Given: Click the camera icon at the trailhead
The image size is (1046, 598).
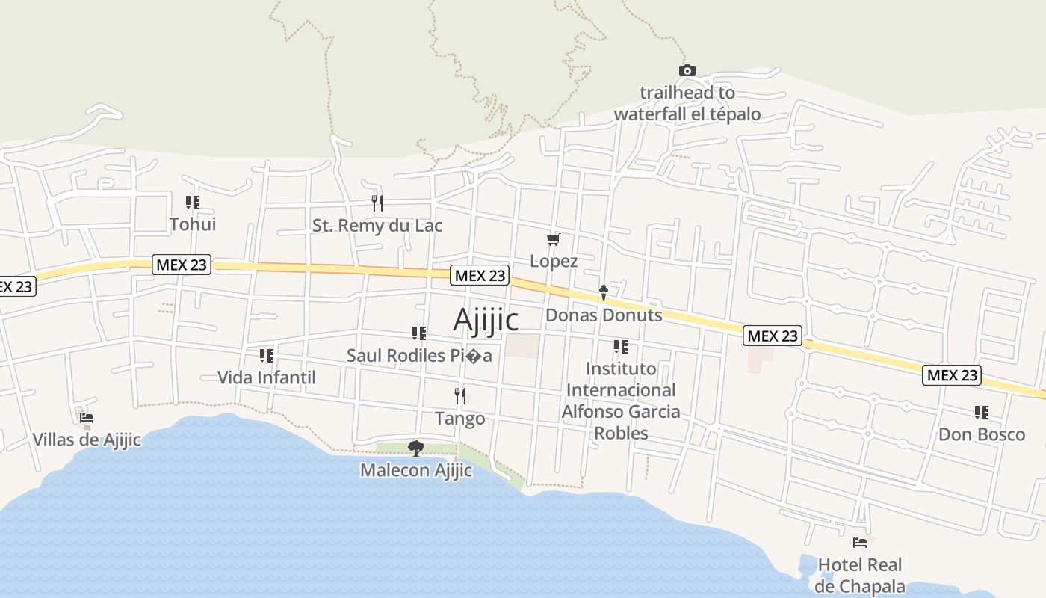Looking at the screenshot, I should (x=687, y=71).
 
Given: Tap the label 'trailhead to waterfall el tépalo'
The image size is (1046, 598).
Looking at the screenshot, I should (x=687, y=104).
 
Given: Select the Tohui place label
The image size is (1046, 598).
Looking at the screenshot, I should (x=193, y=224).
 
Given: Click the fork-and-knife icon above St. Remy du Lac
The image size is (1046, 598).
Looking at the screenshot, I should (x=377, y=203).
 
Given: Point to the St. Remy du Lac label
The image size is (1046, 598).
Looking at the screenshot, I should (x=377, y=226).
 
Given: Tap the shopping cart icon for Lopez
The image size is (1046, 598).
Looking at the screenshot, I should (x=554, y=239).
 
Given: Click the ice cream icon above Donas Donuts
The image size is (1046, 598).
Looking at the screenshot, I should (x=604, y=292).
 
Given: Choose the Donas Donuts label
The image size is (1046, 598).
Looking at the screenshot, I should (x=604, y=315).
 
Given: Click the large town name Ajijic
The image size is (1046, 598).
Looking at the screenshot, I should (x=486, y=320).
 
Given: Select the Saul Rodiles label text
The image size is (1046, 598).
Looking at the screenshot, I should (x=419, y=356).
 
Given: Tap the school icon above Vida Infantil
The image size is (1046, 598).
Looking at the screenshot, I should (x=267, y=355).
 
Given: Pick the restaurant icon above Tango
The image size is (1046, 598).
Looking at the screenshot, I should (x=460, y=395).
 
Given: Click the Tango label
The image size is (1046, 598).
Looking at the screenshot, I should (x=460, y=419).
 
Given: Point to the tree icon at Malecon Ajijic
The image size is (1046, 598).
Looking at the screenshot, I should (x=416, y=448).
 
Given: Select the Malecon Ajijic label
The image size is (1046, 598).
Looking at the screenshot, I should (x=416, y=471).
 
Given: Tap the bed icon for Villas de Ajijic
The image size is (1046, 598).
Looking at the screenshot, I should (x=87, y=418).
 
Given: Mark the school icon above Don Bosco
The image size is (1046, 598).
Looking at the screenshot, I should (x=982, y=412).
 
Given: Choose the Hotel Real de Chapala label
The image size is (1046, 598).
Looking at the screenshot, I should (x=860, y=576).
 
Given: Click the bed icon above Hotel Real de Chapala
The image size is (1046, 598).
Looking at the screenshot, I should (x=860, y=543).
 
